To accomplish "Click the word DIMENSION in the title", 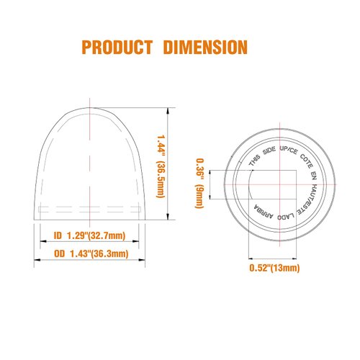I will pyautogui.click(x=204, y=48).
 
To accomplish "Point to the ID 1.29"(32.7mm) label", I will pyautogui.click(x=90, y=235).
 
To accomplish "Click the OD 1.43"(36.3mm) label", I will pyautogui.click(x=91, y=253).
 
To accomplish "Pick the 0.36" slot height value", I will pyautogui.click(x=199, y=168).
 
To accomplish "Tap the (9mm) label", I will pyautogui.click(x=199, y=196).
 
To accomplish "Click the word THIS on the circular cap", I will pyautogui.click(x=254, y=161).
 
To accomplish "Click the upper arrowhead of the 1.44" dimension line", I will pyautogui.click(x=168, y=111).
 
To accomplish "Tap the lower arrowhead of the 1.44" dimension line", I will pyautogui.click(x=168, y=222).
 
